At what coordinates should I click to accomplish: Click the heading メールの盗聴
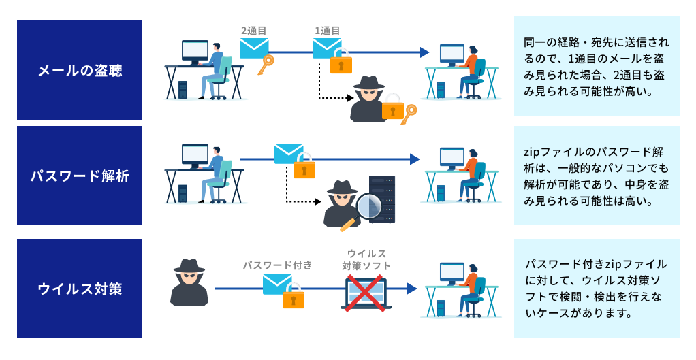[80, 70]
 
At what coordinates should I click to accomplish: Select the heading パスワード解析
[80, 176]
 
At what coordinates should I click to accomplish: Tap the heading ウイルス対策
[80, 288]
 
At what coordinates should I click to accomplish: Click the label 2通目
[253, 31]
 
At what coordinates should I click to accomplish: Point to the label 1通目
[327, 31]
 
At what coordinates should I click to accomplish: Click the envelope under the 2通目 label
[254, 48]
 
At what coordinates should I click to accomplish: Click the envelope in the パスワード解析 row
[289, 154]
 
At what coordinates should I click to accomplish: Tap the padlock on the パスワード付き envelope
[294, 297]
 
